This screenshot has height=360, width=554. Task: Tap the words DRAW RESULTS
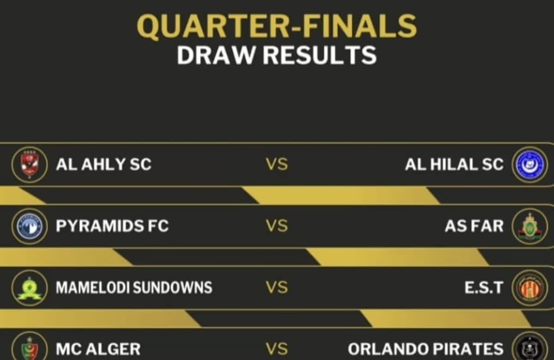pyautogui.click(x=277, y=55)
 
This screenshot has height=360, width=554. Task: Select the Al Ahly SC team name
pyautogui.click(x=103, y=164)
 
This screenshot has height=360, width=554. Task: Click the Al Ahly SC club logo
pyautogui.click(x=30, y=165)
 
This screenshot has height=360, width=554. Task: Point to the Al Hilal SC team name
pyautogui.click(x=454, y=164)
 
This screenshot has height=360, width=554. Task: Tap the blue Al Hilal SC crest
pyautogui.click(x=530, y=165)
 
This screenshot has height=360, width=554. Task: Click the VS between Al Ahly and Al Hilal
pyautogui.click(x=277, y=164)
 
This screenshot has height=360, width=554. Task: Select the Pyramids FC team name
pyautogui.click(x=112, y=226)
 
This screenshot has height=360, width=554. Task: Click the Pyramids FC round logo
pyautogui.click(x=30, y=226)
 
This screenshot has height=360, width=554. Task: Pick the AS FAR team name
pyautogui.click(x=474, y=226)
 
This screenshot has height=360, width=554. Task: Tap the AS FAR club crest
pyautogui.click(x=530, y=226)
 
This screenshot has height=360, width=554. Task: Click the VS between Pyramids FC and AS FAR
pyautogui.click(x=277, y=226)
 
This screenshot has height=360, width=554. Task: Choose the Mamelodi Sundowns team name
pyautogui.click(x=134, y=287)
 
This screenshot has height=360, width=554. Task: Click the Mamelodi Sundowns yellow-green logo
pyautogui.click(x=30, y=288)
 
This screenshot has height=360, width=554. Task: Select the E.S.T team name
pyautogui.click(x=484, y=287)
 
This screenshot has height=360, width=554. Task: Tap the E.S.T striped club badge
pyautogui.click(x=530, y=288)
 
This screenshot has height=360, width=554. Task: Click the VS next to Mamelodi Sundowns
pyautogui.click(x=277, y=287)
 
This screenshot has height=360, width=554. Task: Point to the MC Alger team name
pyautogui.click(x=98, y=349)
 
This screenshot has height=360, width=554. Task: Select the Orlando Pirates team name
pyautogui.click(x=426, y=349)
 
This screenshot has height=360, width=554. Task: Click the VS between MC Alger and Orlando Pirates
pyautogui.click(x=277, y=349)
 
